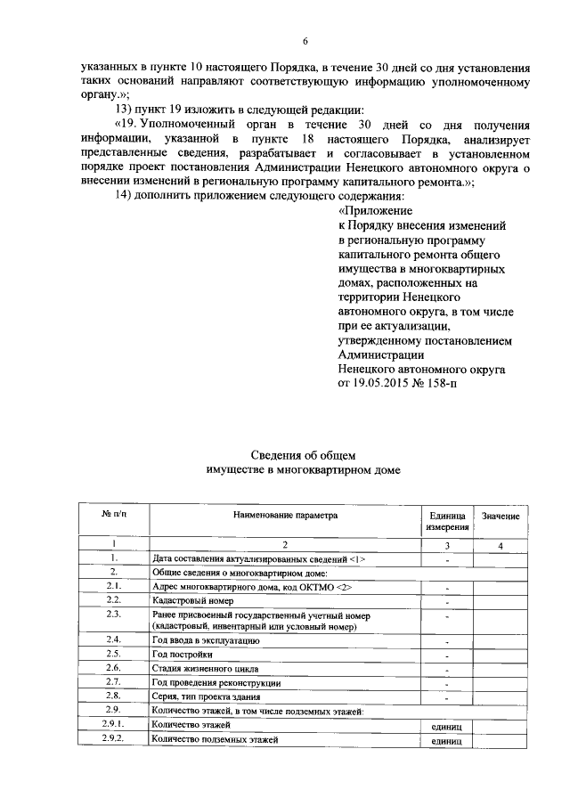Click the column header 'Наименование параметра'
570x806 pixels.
[x=286, y=515]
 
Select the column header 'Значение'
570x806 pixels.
[x=500, y=517]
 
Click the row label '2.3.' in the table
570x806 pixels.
[x=113, y=615]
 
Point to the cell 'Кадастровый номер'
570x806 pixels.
[x=195, y=601]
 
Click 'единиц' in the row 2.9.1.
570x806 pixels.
[x=445, y=728]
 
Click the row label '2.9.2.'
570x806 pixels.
[x=113, y=739]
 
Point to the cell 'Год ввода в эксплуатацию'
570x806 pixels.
[x=206, y=639]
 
